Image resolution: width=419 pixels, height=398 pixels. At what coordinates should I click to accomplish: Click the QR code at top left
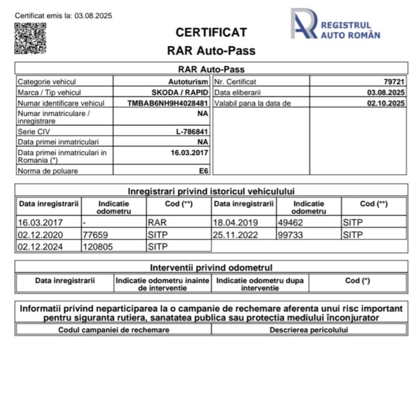point(30,39)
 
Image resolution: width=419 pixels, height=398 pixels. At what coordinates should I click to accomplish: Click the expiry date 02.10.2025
point(385,103)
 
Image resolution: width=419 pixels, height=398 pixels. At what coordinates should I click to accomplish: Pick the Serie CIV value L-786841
point(192,132)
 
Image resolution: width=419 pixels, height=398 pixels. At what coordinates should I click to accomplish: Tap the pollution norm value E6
point(203,170)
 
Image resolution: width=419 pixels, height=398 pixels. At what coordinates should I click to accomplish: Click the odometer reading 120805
point(97,247)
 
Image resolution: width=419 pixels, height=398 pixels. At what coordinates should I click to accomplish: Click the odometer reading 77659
point(95,235)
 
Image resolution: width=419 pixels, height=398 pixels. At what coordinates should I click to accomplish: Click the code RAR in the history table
point(157,222)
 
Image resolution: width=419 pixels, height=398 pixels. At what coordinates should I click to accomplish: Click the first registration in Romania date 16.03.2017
point(190,153)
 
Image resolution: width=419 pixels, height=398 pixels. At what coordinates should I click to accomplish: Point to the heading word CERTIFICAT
point(211,32)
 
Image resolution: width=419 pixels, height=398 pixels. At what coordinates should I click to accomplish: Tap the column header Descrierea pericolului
point(309,330)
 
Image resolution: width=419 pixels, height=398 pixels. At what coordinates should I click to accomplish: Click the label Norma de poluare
point(48,171)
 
